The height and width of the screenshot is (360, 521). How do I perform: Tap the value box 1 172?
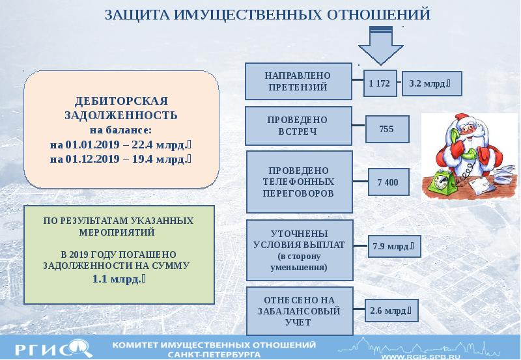tap(379, 83)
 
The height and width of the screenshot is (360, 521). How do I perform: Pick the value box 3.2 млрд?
tap(427, 83)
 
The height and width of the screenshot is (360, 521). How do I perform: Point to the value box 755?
tap(387, 130)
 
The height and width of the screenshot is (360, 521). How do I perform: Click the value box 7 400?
tap(387, 182)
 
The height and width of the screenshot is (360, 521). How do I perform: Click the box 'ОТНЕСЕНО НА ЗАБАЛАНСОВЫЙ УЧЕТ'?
tap(299, 311)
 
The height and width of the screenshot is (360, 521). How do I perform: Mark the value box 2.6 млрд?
tap(392, 311)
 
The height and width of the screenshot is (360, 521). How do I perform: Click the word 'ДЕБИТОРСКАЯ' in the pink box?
tap(121, 102)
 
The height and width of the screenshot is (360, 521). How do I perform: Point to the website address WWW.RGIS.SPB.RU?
tap(425, 355)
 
